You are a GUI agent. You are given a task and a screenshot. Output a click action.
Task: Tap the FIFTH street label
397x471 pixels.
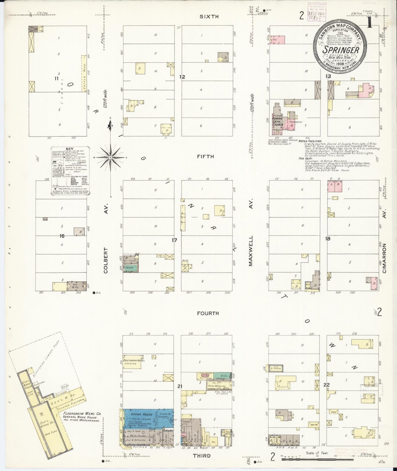click(205, 156)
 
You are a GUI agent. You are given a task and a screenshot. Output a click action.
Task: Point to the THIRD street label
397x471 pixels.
click(202, 456)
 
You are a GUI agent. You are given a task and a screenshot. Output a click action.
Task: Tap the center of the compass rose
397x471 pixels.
click(110, 157)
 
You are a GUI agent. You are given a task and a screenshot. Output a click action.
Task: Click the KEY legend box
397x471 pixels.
click(70, 171)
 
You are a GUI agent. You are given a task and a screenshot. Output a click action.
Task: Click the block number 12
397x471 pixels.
click(182, 77)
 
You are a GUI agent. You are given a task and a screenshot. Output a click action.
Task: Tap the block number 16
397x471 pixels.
click(62, 236)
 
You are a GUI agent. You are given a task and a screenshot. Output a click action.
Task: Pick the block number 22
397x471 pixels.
click(326, 385)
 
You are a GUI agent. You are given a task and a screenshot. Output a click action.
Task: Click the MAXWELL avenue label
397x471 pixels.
click(251, 252)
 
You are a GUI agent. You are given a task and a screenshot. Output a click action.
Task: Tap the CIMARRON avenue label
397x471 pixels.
click(385, 259)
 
